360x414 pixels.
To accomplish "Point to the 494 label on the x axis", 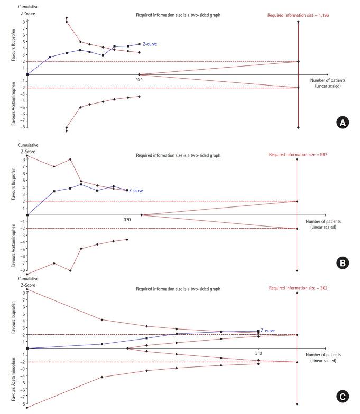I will point(140,79).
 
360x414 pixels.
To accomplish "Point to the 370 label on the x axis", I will point(127,219).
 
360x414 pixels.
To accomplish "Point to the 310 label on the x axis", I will point(258,352).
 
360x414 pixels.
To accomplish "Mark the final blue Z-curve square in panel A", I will point(139,44).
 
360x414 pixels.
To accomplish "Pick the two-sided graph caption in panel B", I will point(178,155).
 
